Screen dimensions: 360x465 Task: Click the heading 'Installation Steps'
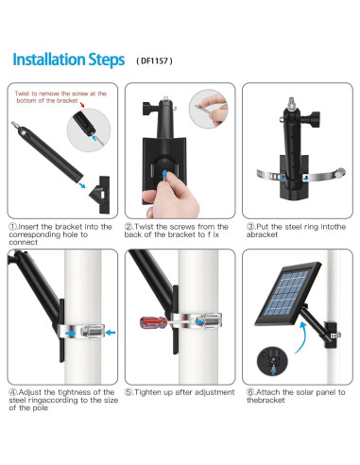[69, 60]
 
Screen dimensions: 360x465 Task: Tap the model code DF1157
[154, 60]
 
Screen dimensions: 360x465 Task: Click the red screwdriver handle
[153, 322]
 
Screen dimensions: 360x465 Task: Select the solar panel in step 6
[287, 293]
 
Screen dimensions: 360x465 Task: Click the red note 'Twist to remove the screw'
[60, 97]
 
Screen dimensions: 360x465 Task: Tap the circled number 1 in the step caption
[12, 227]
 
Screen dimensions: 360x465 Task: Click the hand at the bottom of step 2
[170, 195]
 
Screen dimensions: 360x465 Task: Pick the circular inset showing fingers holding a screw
[208, 109]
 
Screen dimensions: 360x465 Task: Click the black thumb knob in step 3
[315, 119]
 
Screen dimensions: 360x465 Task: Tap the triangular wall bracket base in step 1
[100, 195]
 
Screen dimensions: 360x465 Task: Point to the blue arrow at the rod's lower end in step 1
[81, 184]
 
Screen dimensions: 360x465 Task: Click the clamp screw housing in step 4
[93, 331]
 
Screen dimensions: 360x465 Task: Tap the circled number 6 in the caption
[250, 392]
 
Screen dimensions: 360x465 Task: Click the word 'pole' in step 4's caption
[41, 408]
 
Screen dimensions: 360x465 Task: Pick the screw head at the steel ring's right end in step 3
[340, 173]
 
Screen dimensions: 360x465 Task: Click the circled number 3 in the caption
[250, 227]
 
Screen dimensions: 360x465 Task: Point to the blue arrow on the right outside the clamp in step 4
[111, 332]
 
